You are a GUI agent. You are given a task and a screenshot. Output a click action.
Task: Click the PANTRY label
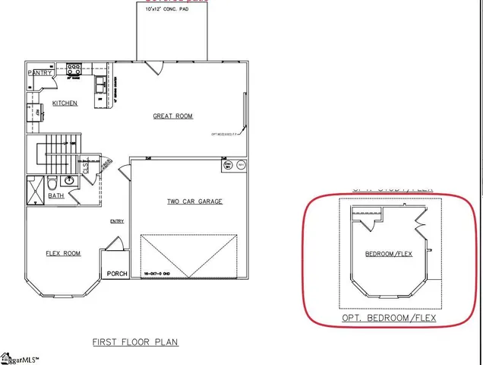coord(39,72)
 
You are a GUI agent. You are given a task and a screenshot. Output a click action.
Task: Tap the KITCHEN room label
coord(64,103)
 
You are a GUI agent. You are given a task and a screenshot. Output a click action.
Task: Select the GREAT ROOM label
coord(173,116)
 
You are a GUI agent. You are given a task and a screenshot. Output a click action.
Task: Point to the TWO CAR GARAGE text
coord(194,202)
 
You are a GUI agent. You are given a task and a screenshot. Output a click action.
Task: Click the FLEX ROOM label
coord(62,253)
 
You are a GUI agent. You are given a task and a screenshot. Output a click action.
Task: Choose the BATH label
coord(56,195)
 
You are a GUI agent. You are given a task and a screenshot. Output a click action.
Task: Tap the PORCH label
coord(117,274)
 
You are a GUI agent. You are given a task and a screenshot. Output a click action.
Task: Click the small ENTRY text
coord(116,221)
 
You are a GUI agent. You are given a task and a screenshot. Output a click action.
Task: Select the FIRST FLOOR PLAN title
coord(135,342)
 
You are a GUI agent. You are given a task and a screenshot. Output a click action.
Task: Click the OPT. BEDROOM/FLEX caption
coord(390,317)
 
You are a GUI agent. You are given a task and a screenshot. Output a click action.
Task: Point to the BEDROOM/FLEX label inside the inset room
coord(389,253)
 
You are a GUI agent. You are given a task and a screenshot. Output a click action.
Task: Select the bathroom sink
coord(68,181)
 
